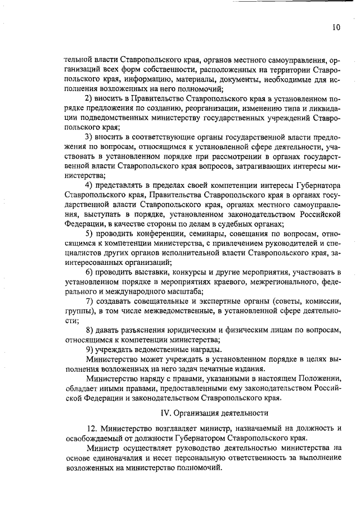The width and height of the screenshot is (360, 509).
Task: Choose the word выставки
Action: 147,272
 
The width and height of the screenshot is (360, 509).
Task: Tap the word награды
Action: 202,349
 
